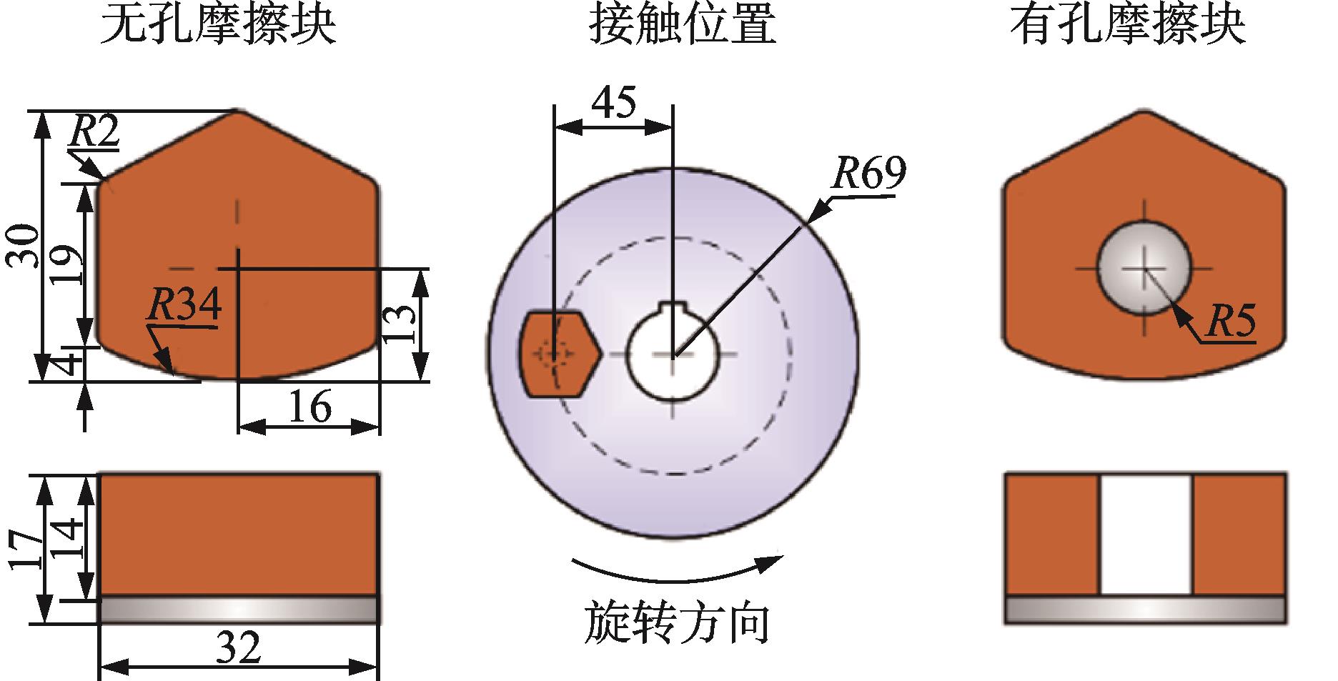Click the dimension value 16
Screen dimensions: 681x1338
[309, 407]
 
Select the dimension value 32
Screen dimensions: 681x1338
[239, 649]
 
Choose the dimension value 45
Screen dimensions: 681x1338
[614, 104]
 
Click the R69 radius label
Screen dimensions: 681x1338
[869, 173]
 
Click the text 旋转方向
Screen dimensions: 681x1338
[676, 622]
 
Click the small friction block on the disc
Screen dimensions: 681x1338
[557, 353]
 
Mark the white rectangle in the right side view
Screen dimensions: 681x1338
[1146, 534]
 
